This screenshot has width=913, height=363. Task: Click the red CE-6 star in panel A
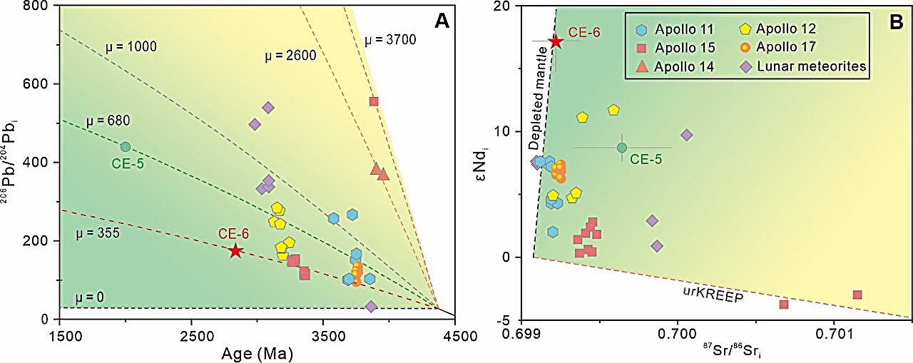pyautogui.click(x=235, y=250)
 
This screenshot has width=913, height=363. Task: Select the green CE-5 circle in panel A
pyautogui.click(x=126, y=147)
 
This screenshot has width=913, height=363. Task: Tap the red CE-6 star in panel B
pyautogui.click(x=556, y=41)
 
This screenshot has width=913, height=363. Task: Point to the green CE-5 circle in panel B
pyautogui.click(x=622, y=148)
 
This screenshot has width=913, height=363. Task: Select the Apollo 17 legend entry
pyautogui.click(x=785, y=48)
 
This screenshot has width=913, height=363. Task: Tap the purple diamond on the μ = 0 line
pyautogui.click(x=371, y=307)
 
